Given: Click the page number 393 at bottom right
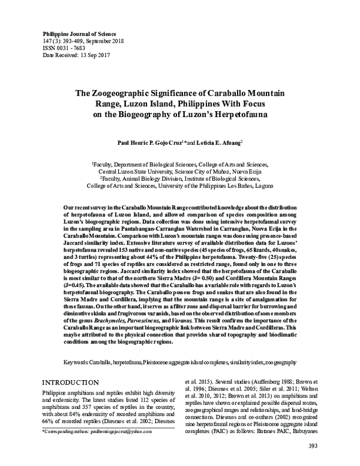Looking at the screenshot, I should [x=313, y=445].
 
